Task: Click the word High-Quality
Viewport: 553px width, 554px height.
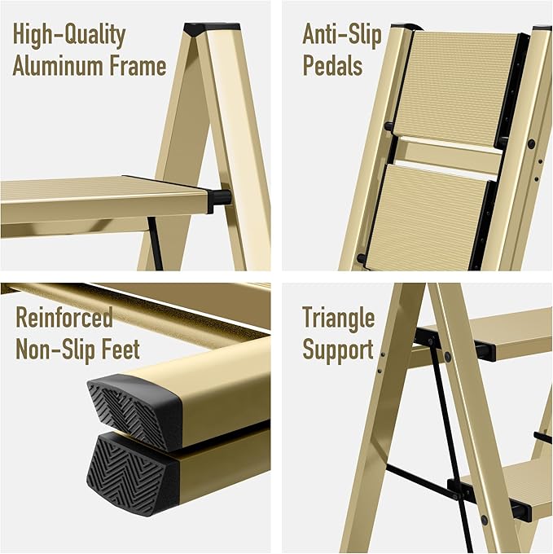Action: tap(69, 36)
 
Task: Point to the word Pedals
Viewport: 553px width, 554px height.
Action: tap(333, 65)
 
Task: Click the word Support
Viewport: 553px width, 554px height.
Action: tap(338, 349)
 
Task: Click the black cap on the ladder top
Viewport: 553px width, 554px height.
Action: tap(200, 29)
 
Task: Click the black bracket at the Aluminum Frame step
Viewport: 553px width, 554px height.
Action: tap(219, 198)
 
